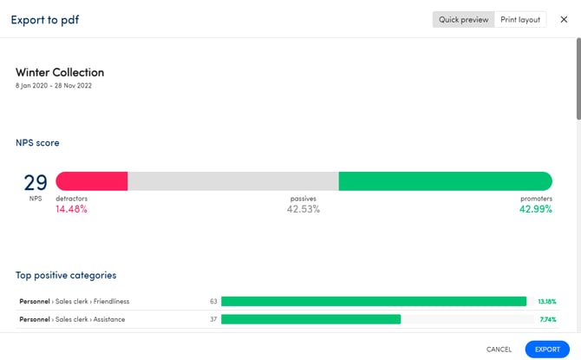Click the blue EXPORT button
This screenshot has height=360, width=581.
(547, 349)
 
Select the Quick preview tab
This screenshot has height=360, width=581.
(463, 19)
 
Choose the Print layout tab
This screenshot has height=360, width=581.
(520, 19)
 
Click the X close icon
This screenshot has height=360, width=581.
(564, 19)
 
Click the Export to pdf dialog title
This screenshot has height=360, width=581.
(44, 19)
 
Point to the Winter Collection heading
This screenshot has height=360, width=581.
(60, 73)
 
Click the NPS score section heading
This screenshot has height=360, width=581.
(37, 142)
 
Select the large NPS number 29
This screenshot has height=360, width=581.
(36, 182)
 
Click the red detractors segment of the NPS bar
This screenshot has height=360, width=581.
(92, 181)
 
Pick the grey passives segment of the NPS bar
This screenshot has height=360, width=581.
(233, 181)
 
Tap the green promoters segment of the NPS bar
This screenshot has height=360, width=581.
(445, 181)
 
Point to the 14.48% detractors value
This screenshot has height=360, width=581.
(71, 209)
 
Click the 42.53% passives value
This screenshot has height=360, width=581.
(304, 209)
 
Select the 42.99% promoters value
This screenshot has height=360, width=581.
(535, 209)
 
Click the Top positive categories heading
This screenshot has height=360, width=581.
(66, 275)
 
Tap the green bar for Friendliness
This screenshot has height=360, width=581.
(374, 302)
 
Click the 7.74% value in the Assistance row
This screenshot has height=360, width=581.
(545, 319)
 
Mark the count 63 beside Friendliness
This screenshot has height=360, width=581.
(213, 302)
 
